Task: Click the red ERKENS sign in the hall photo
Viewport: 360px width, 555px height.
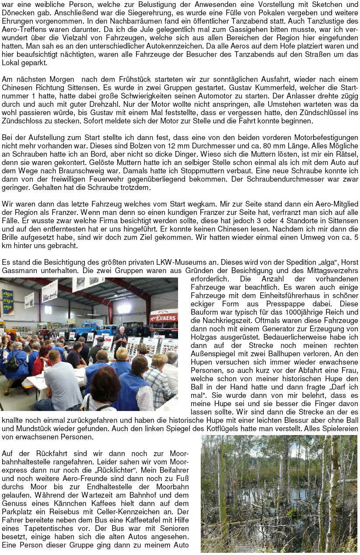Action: pos(164,317)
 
